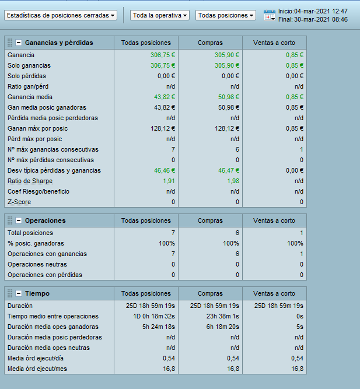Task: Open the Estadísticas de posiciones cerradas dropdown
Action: (61, 15)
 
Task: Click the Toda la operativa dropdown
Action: (160, 15)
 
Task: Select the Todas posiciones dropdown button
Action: (226, 15)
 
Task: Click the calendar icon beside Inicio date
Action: (270, 16)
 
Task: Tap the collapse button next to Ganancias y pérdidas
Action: (19, 43)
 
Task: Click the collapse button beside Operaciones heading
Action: (19, 220)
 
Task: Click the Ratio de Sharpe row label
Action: (30, 181)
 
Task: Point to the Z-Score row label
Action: (19, 202)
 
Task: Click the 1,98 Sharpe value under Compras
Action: (230, 181)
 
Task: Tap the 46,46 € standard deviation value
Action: (165, 170)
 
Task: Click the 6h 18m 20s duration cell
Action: (218, 327)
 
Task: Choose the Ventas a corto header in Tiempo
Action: (274, 293)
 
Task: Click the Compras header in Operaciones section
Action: (210, 220)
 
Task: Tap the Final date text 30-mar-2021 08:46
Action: (313, 19)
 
